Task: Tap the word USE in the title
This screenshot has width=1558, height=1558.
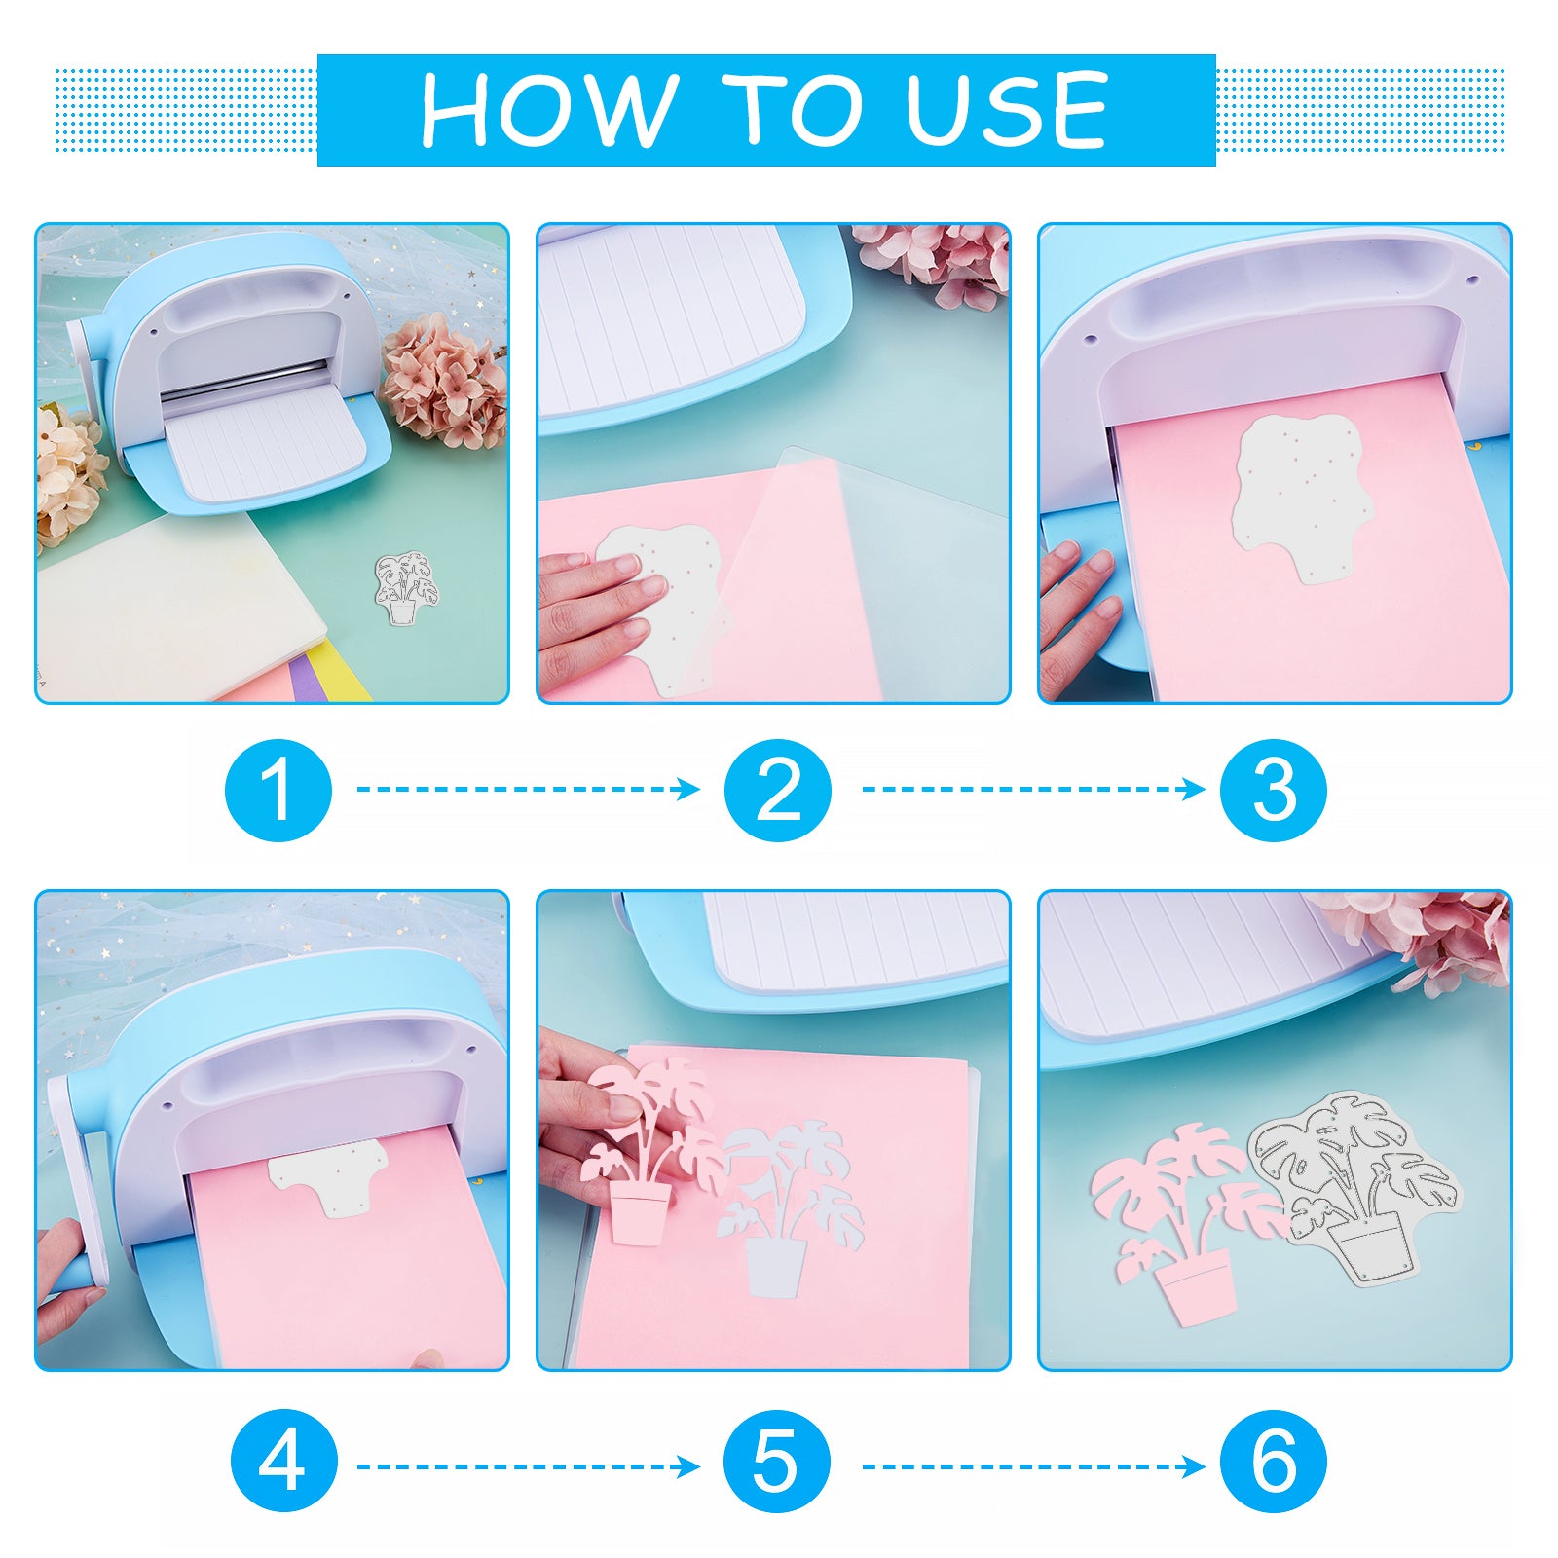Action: pyautogui.click(x=1007, y=109)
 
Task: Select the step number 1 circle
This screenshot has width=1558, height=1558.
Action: pyautogui.click(x=278, y=789)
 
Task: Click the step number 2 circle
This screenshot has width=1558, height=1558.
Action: pyautogui.click(x=778, y=789)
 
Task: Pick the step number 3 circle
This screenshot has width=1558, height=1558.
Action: pyautogui.click(x=1274, y=789)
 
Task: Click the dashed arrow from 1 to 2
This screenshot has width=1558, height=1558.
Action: pyautogui.click(x=529, y=789)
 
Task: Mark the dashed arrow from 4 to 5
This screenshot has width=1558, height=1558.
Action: pyautogui.click(x=529, y=1465)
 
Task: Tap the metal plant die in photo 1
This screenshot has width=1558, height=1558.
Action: pyautogui.click(x=404, y=590)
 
